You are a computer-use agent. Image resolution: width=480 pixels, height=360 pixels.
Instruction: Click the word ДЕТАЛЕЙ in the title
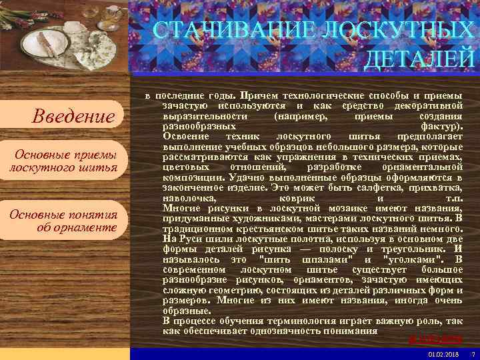[x=420, y=59]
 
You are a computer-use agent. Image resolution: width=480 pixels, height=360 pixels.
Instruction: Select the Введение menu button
[x=74, y=117]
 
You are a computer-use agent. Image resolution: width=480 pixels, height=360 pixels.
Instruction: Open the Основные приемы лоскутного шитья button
[x=64, y=161]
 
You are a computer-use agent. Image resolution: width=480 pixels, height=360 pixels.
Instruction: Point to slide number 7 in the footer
[x=472, y=353]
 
